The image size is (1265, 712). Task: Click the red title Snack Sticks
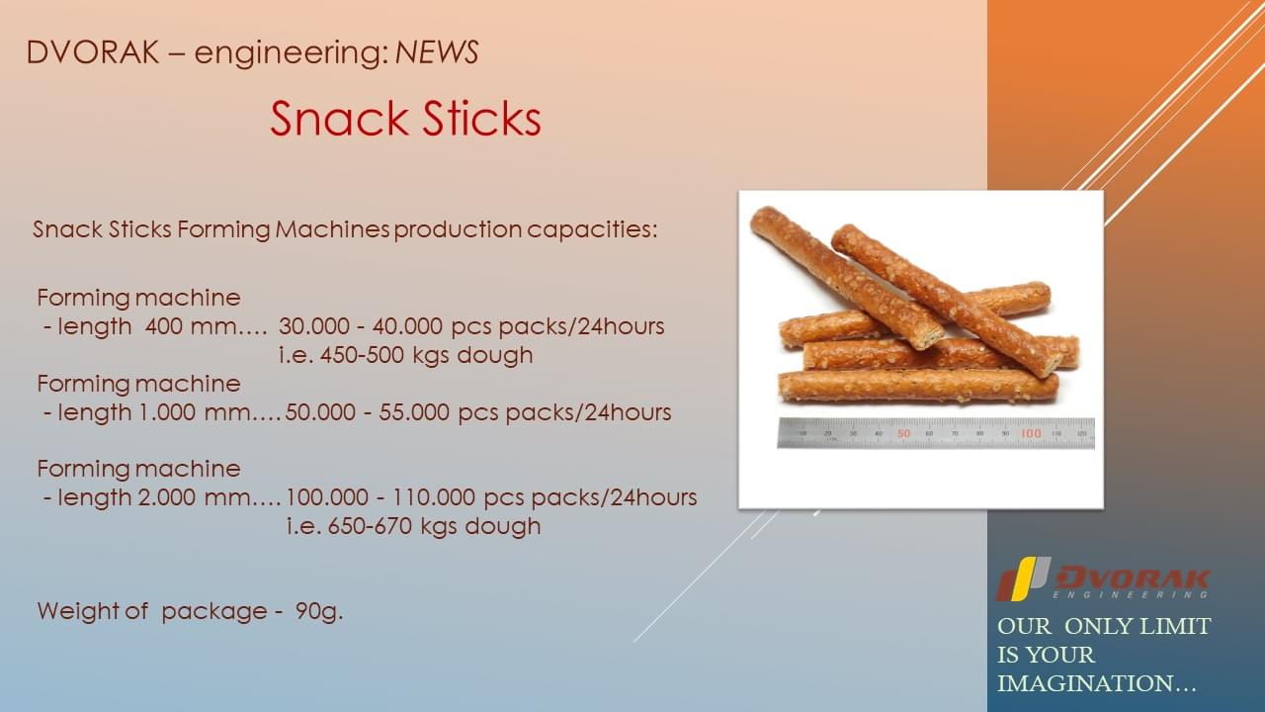[405, 118]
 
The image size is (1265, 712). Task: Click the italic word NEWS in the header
[437, 52]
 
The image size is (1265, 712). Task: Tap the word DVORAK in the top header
[93, 52]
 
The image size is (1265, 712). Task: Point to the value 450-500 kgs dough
[426, 355]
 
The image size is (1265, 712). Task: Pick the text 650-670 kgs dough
[434, 526]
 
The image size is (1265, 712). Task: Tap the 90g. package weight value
[319, 611]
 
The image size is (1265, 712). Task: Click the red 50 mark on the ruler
[903, 433]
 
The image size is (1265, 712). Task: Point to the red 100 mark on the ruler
[1031, 433]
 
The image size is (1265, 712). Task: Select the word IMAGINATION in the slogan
[1089, 683]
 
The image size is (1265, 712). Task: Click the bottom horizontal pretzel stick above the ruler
[918, 386]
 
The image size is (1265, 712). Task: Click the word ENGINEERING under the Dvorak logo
[1130, 594]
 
